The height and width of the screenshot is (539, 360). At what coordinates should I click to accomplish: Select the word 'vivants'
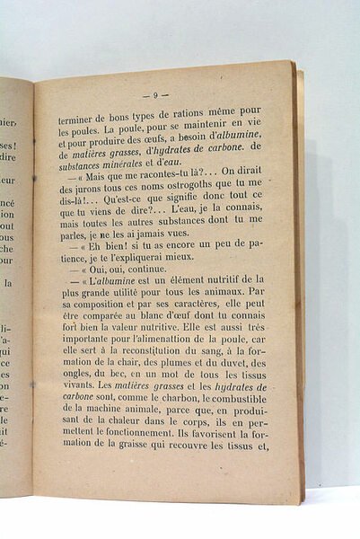coord(74,416)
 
